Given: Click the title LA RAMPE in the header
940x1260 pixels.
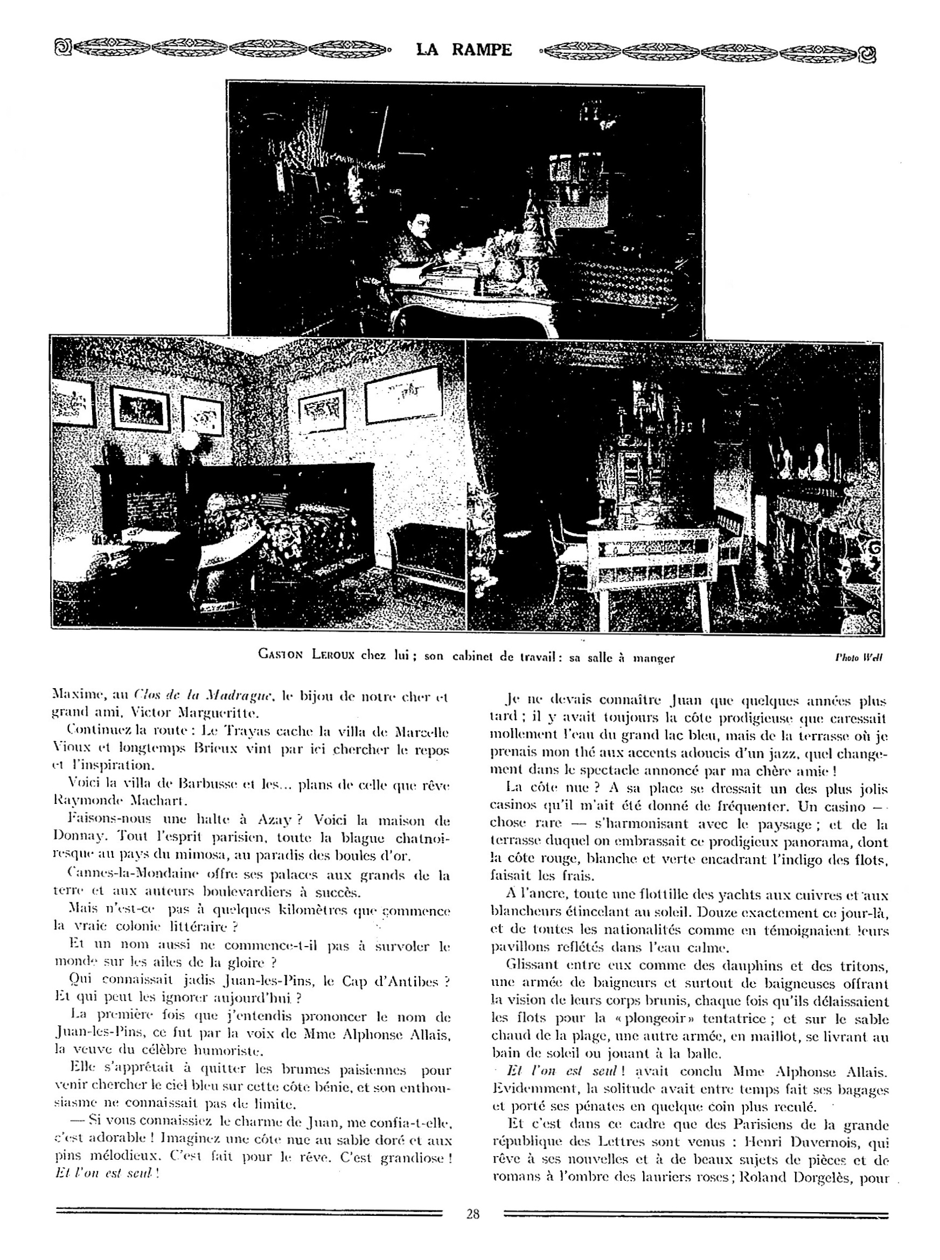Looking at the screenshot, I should tap(464, 50).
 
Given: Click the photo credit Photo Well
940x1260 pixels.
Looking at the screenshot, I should tap(859, 658).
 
